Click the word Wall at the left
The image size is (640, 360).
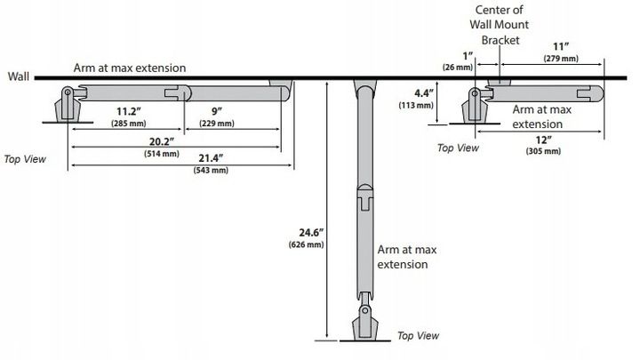click(19, 77)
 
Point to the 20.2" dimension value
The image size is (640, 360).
click(161, 140)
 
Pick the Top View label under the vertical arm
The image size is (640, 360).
click(418, 336)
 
